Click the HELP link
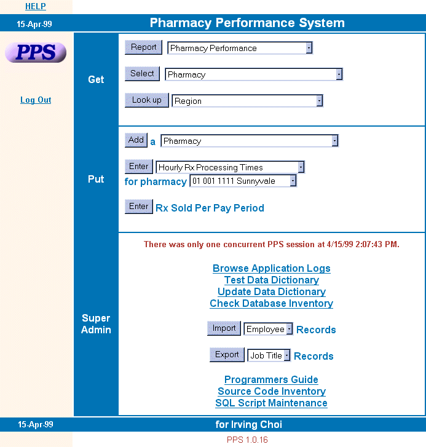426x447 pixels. click(35, 6)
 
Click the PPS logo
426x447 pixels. click(36, 52)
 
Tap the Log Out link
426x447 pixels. click(36, 100)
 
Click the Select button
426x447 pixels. click(142, 74)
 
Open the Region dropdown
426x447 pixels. click(247, 101)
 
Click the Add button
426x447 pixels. click(136, 140)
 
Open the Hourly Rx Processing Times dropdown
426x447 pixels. click(231, 167)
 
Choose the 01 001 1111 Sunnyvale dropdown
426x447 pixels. click(243, 181)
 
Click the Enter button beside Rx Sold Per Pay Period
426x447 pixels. click(139, 207)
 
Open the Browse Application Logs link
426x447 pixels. click(272, 268)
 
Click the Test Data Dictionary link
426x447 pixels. click(272, 280)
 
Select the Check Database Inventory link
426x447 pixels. click(272, 303)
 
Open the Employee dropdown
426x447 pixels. click(268, 330)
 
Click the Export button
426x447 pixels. click(227, 355)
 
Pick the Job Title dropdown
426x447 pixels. click(269, 355)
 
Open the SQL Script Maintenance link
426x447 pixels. click(271, 403)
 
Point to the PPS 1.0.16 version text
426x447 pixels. click(247, 440)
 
